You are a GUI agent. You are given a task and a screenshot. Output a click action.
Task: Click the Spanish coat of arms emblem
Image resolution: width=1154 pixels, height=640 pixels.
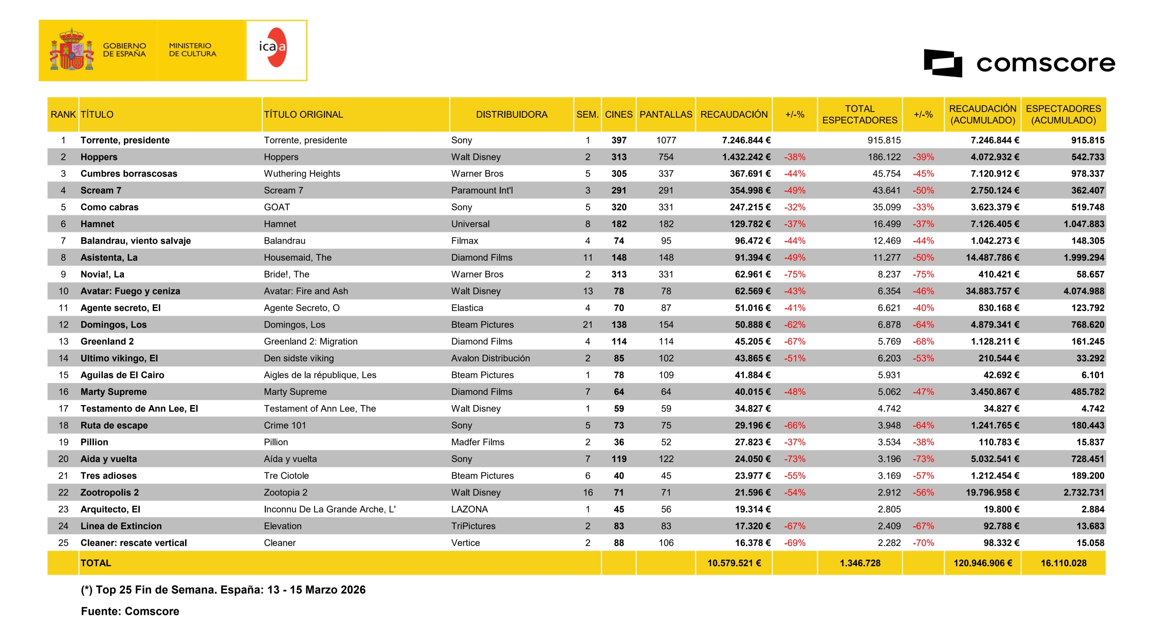point(72,50)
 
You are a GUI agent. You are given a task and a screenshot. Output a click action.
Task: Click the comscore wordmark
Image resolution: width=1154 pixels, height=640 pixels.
point(1045,63)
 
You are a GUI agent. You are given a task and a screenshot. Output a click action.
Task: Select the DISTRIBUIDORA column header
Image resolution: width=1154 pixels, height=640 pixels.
point(511,115)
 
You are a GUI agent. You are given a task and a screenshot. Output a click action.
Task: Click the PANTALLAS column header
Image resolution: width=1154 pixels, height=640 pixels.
point(666,115)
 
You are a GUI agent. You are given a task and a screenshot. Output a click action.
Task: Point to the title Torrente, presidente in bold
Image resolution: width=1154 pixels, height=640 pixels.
point(125,140)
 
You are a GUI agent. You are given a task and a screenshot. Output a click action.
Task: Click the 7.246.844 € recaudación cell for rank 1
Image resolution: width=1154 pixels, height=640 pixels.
point(746,140)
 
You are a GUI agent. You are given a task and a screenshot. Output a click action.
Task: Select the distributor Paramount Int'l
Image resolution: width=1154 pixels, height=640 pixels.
point(482,191)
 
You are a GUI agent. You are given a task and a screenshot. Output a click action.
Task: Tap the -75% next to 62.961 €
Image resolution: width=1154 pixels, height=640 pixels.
point(794,275)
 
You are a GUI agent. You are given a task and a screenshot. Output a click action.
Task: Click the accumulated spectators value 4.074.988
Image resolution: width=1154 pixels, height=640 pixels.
point(1084,291)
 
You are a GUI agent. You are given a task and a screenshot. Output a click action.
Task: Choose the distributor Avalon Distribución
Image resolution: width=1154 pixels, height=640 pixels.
point(490,358)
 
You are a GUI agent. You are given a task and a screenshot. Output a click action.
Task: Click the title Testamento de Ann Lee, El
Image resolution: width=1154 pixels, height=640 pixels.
point(139,409)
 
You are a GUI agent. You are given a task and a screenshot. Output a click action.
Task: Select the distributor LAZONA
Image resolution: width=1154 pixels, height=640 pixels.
point(469,509)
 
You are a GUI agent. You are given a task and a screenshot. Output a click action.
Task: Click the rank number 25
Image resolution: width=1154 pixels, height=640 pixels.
point(63,543)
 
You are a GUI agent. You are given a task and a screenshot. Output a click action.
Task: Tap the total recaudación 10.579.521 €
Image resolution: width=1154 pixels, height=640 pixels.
point(734,563)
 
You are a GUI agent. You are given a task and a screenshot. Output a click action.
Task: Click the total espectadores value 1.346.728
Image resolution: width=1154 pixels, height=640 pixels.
point(859,563)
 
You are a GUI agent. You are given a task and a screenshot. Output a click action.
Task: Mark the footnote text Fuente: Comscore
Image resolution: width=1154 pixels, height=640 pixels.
point(130,611)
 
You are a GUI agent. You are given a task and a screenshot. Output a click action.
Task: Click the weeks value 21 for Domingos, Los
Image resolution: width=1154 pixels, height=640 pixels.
point(588,325)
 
